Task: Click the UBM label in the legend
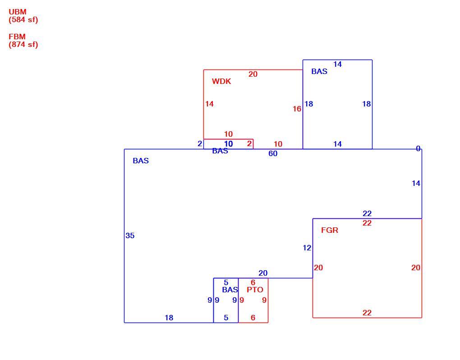click(x=18, y=12)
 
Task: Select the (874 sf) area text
click(x=23, y=45)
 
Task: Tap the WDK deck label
click(x=221, y=81)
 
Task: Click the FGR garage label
click(x=330, y=230)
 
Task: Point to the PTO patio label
click(x=255, y=290)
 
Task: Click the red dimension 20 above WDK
click(x=253, y=74)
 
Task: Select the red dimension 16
click(x=297, y=109)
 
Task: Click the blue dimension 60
click(x=273, y=153)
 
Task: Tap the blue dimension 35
click(x=130, y=235)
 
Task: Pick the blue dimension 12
click(x=307, y=248)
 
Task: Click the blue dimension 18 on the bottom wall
click(x=169, y=318)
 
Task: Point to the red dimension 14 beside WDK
click(x=209, y=104)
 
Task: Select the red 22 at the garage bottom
click(x=367, y=313)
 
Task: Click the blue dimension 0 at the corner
click(x=418, y=149)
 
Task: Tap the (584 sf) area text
click(x=23, y=20)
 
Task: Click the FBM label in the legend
click(x=17, y=37)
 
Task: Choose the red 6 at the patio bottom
click(x=253, y=318)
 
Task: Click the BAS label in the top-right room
click(x=319, y=71)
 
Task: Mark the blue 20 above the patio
click(x=263, y=273)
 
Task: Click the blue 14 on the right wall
click(x=416, y=183)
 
